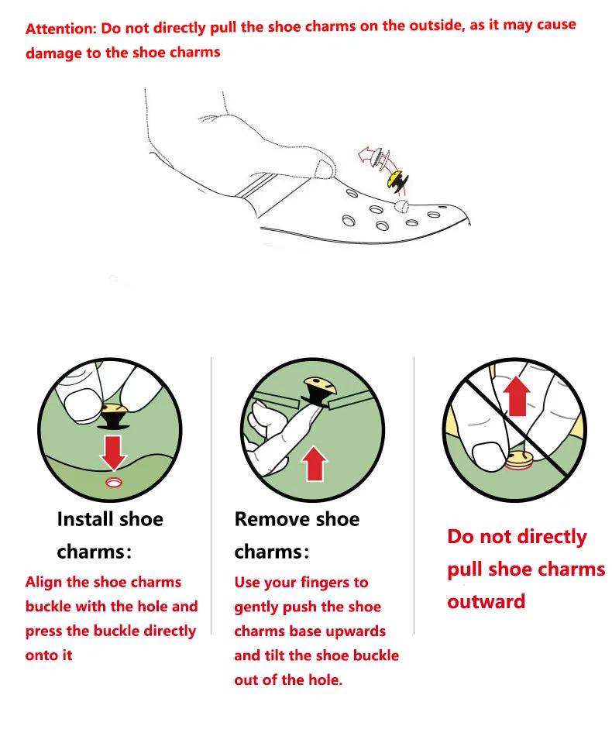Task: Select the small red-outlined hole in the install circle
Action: coord(114,482)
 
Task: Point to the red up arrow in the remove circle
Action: coord(315,463)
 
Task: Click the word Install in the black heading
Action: coord(85,519)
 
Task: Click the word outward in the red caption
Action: coord(487,602)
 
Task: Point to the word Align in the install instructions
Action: coord(43,583)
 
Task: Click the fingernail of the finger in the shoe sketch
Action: coord(325,168)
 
